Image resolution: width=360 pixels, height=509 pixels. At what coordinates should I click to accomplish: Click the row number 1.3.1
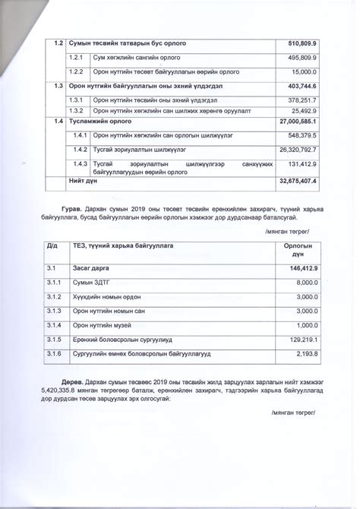[76, 100]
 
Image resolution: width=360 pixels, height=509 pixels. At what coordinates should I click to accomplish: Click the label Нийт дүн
[83, 181]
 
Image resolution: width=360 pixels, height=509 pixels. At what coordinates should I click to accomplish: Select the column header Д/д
[52, 246]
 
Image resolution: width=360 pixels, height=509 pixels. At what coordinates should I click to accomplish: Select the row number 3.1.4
[54, 325]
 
